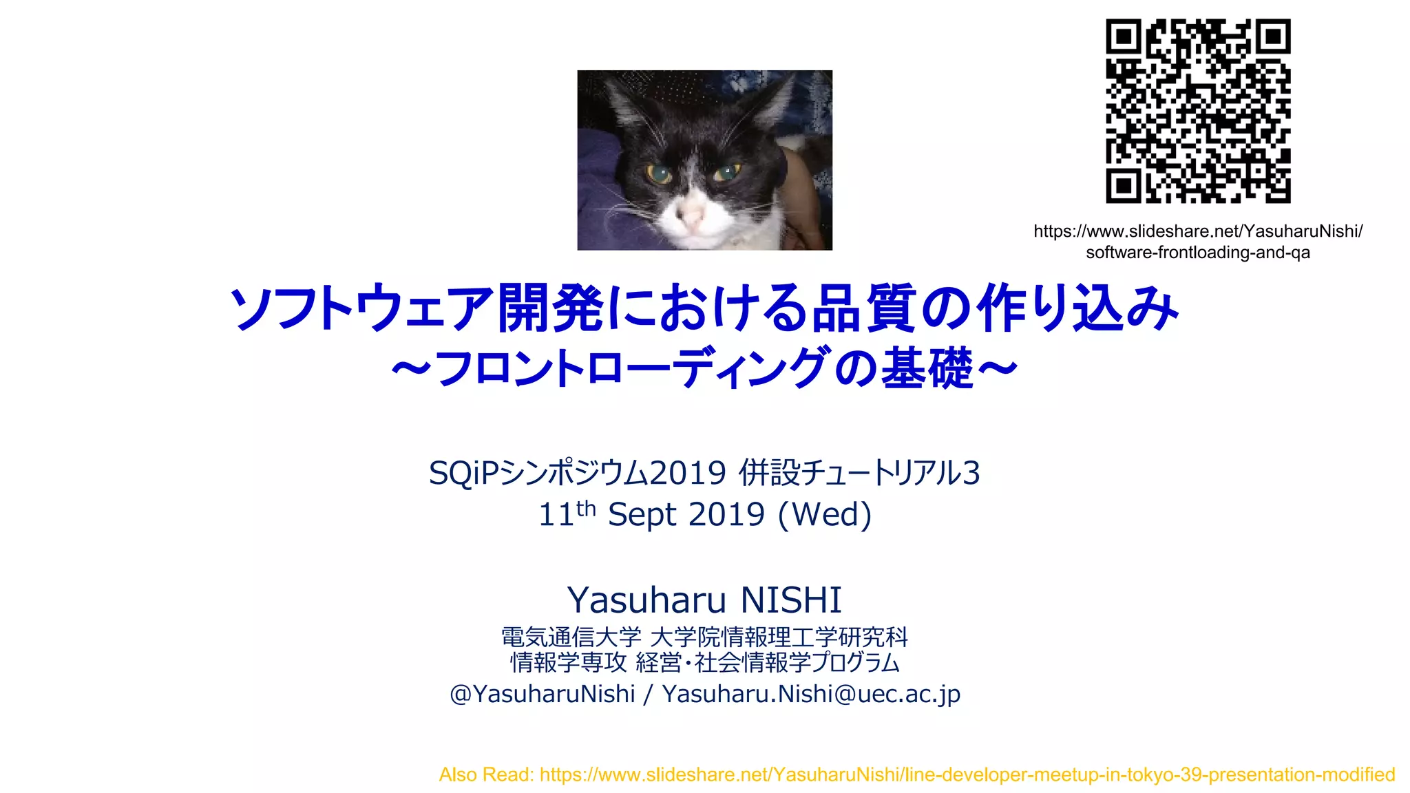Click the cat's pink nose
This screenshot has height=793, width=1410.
coord(691,215)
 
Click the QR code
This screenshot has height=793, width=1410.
coord(1198,111)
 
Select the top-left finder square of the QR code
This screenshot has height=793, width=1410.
coord(1124,36)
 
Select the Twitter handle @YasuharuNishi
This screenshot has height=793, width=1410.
coord(542,694)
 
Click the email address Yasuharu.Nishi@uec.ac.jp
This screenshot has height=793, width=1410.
coord(811,694)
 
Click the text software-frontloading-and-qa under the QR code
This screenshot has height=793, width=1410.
coord(1198,253)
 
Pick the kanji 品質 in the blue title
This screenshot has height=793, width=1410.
coord(863,308)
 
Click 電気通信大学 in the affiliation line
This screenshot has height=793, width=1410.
coord(571,637)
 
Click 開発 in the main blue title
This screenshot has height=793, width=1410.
coord(551,308)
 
